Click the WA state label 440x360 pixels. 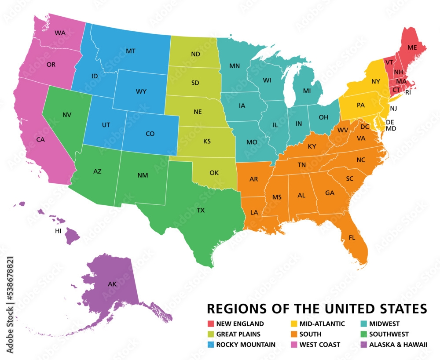60,33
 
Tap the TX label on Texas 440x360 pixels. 201,211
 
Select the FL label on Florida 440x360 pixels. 352,237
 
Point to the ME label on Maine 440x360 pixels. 412,47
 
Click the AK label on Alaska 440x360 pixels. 112,284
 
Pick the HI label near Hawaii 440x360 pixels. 58,231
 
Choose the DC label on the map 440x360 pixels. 365,127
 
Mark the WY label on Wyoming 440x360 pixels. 141,91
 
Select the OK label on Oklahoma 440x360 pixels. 214,173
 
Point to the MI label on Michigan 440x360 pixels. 307,91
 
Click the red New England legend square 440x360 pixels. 211,324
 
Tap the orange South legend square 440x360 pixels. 294,334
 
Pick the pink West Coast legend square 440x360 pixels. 294,344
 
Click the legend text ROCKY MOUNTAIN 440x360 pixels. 246,345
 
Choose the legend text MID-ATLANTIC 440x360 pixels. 322,324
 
